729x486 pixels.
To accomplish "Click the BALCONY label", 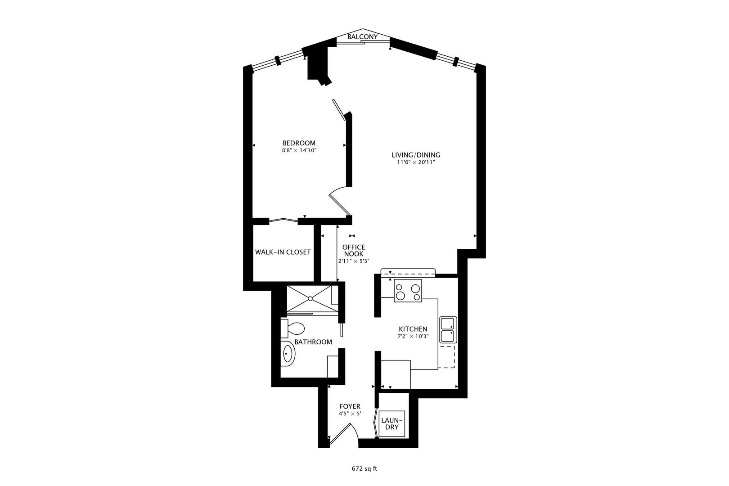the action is coord(363,37).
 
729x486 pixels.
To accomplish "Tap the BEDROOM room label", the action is coord(299,143).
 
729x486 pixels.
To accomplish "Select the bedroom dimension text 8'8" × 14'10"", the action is coord(299,150).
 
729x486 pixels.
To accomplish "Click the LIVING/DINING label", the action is coord(416,155).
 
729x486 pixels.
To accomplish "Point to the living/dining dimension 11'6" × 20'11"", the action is coord(416,162).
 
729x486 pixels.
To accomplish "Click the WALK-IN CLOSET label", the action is coord(283,252).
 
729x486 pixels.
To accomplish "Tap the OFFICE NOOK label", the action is coord(354,250).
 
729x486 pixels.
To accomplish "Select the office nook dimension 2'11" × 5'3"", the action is coord(354,261).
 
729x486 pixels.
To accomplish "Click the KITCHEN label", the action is coord(413,329).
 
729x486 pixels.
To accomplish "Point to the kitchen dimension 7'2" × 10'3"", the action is coord(413,337).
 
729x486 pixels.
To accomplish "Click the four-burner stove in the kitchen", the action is coord(408,291).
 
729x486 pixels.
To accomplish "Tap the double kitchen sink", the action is coord(448,330).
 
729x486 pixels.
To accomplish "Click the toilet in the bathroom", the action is coord(292,328).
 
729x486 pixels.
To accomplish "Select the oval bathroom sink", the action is coord(288,354).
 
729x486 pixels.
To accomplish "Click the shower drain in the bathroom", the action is coord(310,298).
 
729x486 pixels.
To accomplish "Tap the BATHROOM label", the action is coord(313,342).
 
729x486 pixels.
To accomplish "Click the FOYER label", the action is coord(350,406).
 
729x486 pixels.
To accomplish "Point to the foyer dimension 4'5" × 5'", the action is coord(350,414).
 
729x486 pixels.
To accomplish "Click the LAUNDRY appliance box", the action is coord(392,424).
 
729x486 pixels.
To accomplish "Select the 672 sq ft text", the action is coord(364,469).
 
